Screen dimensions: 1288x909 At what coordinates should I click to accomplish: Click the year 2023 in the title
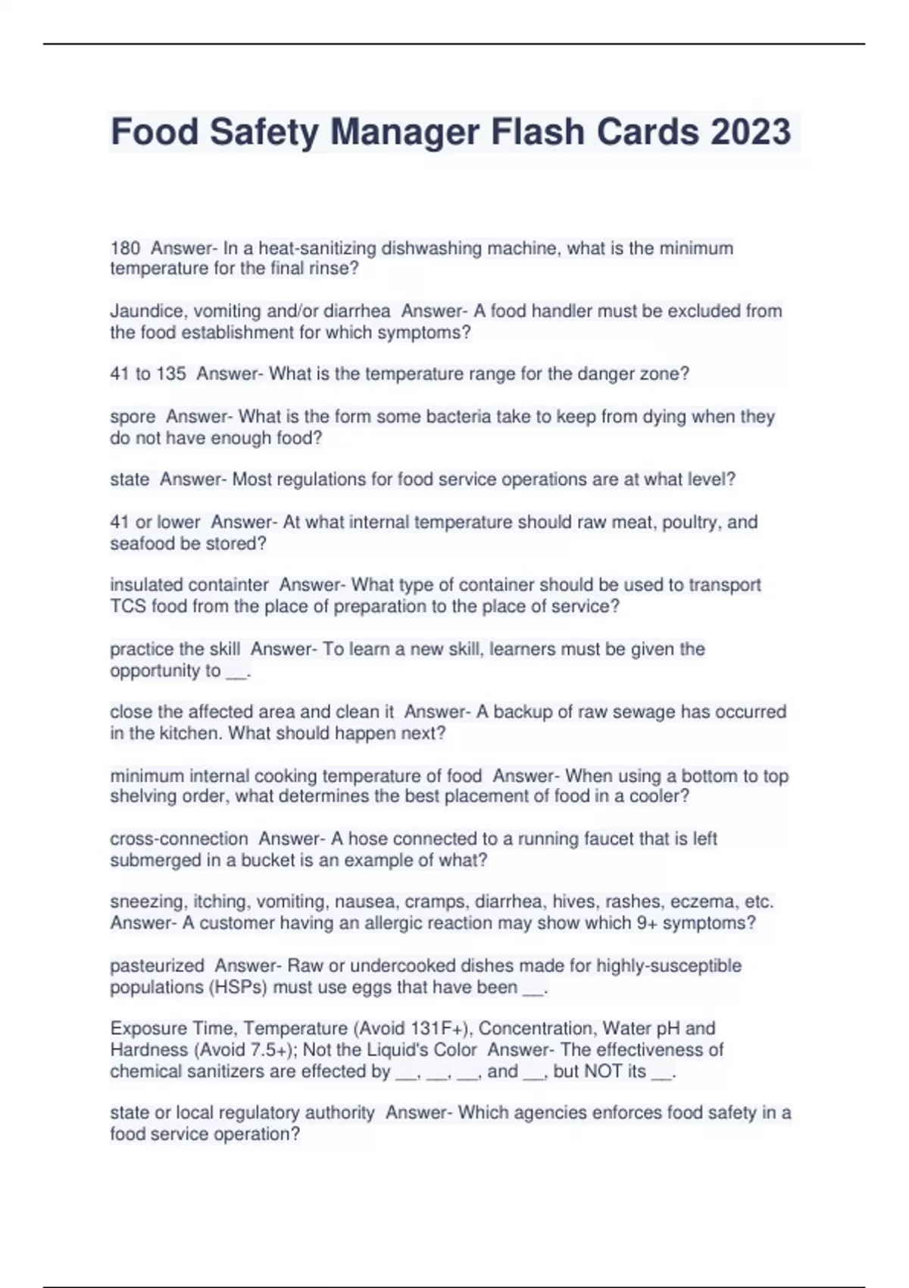[750, 132]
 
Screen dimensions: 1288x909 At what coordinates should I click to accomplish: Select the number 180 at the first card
[125, 248]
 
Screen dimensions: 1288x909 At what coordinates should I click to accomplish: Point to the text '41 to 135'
[148, 374]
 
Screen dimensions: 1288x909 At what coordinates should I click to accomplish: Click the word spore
[132, 417]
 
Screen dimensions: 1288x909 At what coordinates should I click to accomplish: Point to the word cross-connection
[179, 839]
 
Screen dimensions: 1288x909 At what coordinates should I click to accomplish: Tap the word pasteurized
[157, 966]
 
